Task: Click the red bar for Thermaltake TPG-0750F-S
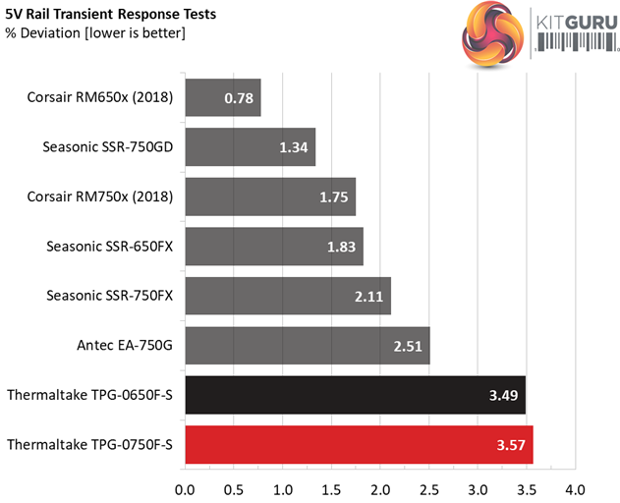click(x=358, y=445)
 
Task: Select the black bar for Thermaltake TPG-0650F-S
click(x=355, y=395)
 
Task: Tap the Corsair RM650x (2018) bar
click(x=222, y=97)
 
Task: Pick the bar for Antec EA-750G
click(x=307, y=345)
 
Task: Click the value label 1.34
click(x=292, y=147)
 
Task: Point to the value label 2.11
click(x=368, y=296)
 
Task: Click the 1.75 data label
click(x=332, y=196)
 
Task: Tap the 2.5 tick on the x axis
click(x=428, y=488)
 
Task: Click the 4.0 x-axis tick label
click(x=575, y=488)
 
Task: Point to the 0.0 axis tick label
click(x=185, y=488)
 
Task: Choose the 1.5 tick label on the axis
click(x=331, y=488)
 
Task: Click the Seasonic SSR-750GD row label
click(x=108, y=147)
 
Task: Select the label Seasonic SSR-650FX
click(x=109, y=246)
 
